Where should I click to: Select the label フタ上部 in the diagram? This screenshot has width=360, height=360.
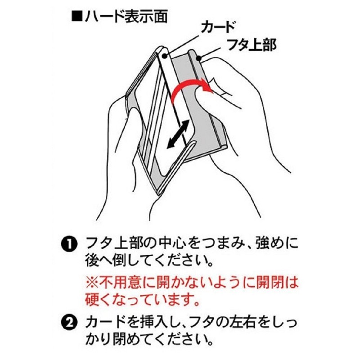[x=251, y=45]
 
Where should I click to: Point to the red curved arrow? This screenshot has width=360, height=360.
[x=189, y=87]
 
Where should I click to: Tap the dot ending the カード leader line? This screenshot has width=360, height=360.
[x=165, y=56]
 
